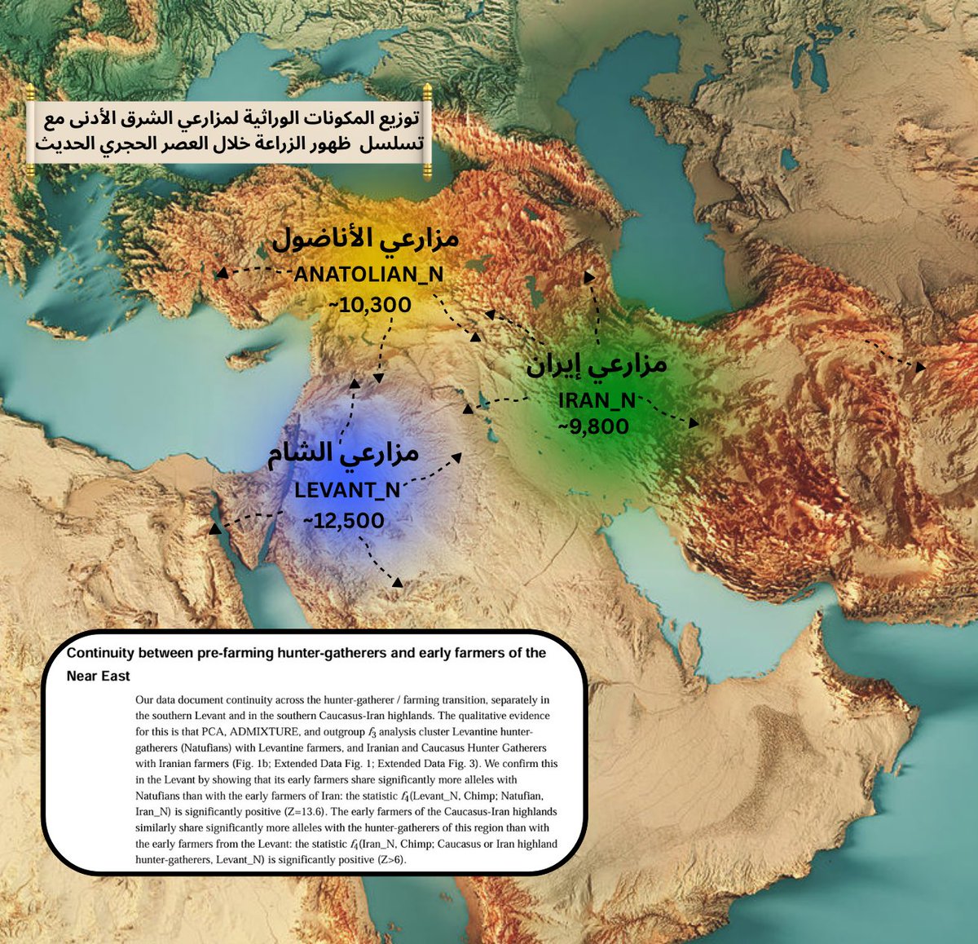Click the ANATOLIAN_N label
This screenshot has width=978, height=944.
click(368, 275)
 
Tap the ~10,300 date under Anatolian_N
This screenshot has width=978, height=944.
click(369, 305)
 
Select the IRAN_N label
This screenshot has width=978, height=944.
click(597, 400)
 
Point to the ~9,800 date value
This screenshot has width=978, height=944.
click(593, 426)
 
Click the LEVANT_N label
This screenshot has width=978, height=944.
click(347, 490)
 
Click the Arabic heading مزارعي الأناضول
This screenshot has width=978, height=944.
click(365, 238)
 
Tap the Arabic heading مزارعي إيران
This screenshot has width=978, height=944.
click(597, 364)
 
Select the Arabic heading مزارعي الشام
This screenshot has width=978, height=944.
click(343, 453)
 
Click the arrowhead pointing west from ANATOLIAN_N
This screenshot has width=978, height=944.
click(221, 274)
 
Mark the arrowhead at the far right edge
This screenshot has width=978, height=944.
click(920, 367)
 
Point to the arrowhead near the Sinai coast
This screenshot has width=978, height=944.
click(215, 529)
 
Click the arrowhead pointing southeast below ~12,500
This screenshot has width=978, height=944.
click(397, 582)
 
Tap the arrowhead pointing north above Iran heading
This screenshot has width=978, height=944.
click(588, 277)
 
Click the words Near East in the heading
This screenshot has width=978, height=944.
click(99, 676)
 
